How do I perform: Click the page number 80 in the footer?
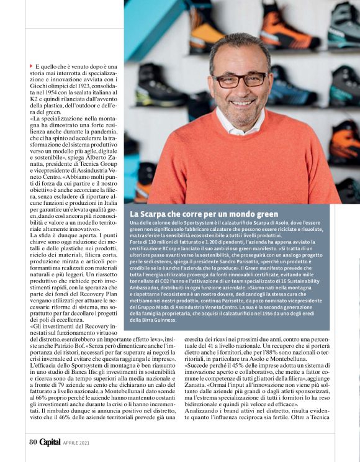[33, 442]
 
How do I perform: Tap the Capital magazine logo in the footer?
[50, 442]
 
